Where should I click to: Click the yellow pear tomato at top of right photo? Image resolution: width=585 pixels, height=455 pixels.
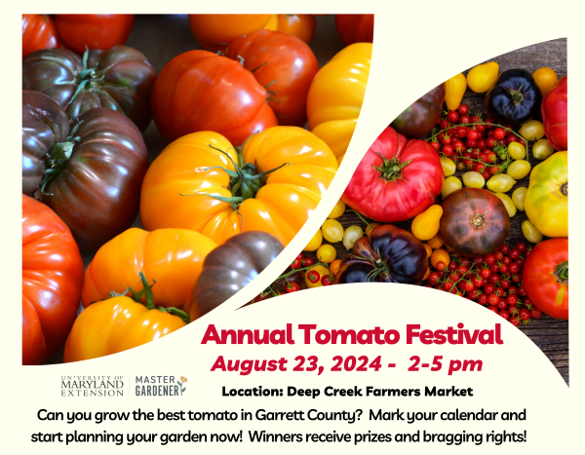(x=455, y=90)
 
